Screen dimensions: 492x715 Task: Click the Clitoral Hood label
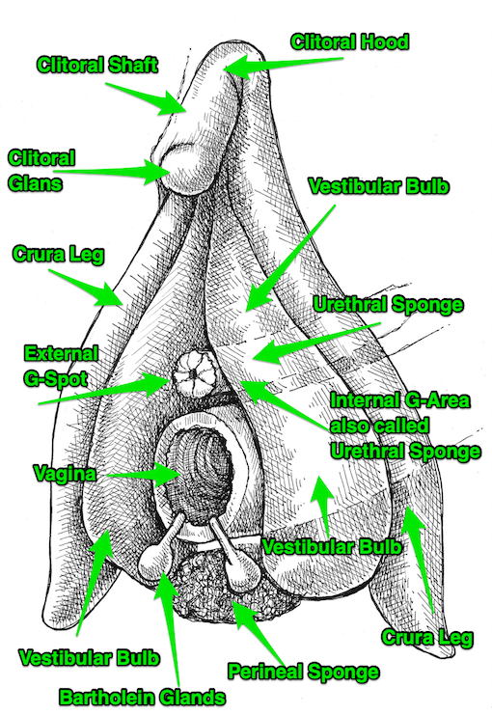click(350, 41)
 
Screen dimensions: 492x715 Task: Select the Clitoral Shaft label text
click(97, 65)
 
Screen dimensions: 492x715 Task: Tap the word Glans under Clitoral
click(35, 183)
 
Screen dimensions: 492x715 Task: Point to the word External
click(61, 353)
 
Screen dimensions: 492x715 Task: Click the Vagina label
click(66, 474)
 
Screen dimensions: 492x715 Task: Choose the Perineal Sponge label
click(303, 672)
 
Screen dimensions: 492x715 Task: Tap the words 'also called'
click(379, 426)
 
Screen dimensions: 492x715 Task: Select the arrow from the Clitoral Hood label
click(283, 64)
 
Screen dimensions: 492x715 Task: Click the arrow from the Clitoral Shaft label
click(146, 98)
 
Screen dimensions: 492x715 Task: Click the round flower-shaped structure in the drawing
click(194, 374)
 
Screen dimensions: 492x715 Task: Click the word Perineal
click(264, 672)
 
